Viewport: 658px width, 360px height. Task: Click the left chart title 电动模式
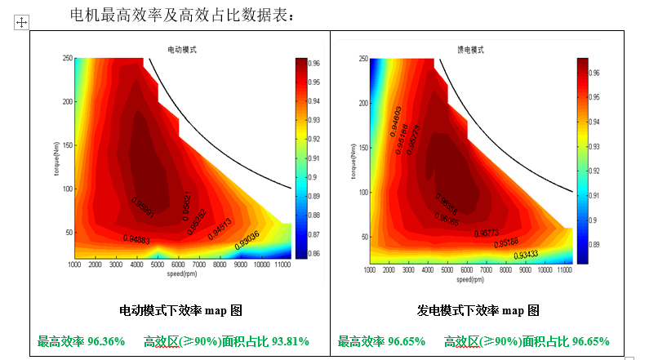tap(180, 50)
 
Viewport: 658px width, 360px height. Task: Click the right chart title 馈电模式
tap(469, 50)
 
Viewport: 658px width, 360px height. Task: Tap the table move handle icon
tap(21, 23)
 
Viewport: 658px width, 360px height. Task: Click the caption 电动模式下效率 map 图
tap(180, 311)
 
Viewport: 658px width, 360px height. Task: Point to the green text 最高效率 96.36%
tap(81, 341)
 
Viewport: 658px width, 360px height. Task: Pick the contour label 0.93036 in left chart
tap(247, 239)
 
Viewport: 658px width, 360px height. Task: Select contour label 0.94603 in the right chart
tap(394, 121)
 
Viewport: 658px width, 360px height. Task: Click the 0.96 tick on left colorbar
tap(315, 63)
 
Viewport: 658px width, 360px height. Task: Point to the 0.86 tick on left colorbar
tap(315, 254)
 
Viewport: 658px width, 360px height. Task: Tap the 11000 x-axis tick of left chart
tap(283, 265)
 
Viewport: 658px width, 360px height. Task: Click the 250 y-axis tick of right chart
tap(362, 59)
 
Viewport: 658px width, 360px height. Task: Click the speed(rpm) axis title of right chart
tap(470, 279)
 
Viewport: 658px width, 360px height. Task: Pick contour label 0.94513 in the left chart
tap(220, 229)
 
